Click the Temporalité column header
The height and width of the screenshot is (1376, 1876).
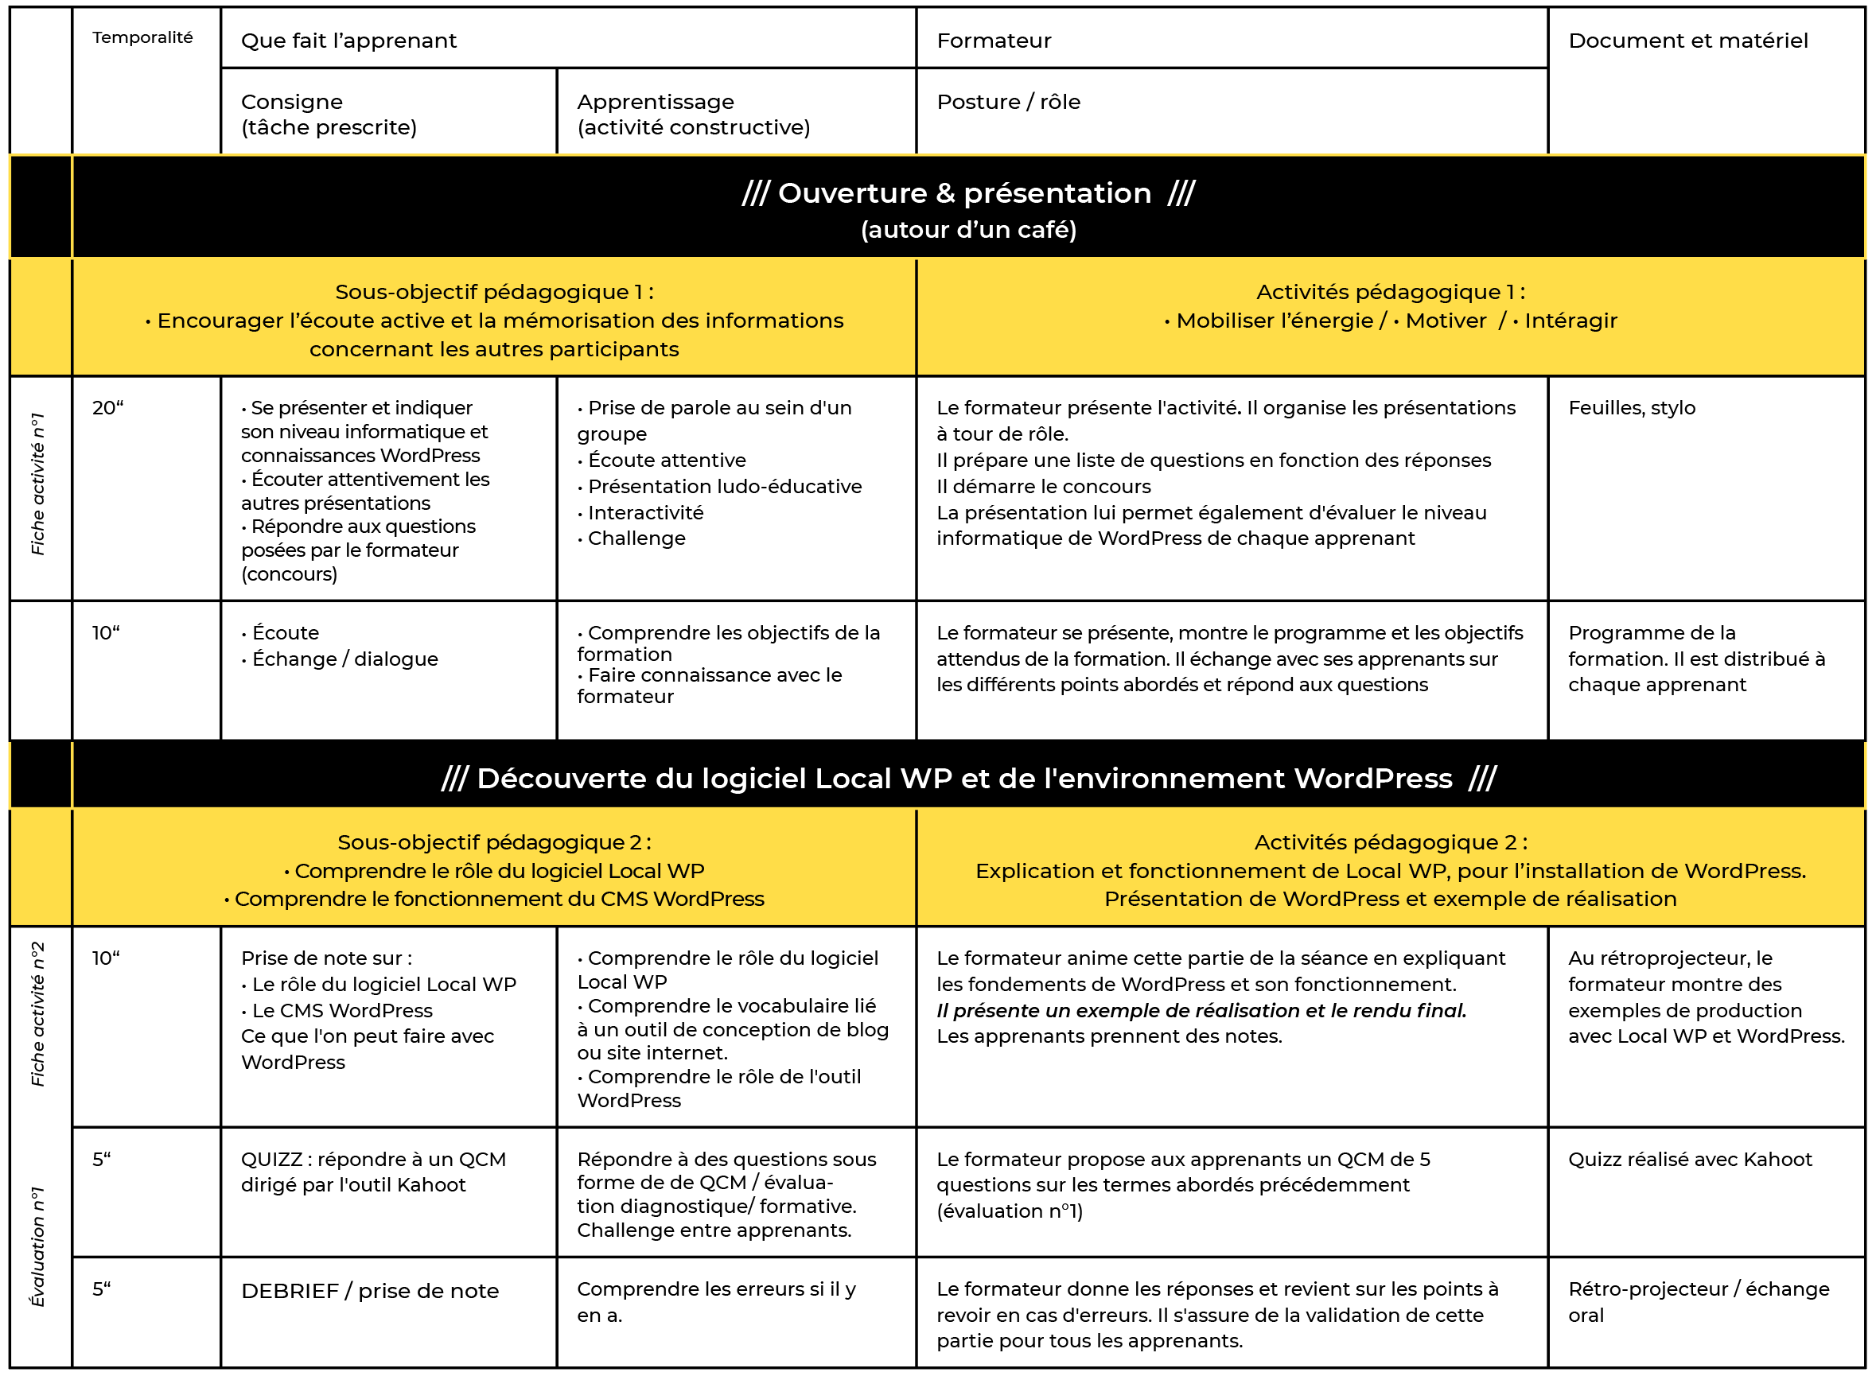pyautogui.click(x=142, y=37)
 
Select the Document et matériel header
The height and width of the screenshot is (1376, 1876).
pyautogui.click(x=1687, y=41)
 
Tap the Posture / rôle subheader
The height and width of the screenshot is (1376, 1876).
pyautogui.click(x=1008, y=102)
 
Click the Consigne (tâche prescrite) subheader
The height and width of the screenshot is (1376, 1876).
pyautogui.click(x=329, y=114)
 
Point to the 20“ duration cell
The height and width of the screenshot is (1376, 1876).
pyautogui.click(x=107, y=408)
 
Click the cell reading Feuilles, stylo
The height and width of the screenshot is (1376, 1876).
pyautogui.click(x=1631, y=408)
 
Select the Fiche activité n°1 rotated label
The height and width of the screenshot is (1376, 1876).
pyautogui.click(x=37, y=484)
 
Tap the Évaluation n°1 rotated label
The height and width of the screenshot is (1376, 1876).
pyautogui.click(x=37, y=1247)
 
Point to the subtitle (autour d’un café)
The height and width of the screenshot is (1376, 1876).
pyautogui.click(x=968, y=230)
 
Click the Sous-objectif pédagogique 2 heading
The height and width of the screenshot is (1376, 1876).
pyautogui.click(x=494, y=842)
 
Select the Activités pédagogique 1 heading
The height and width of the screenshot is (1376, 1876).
pyautogui.click(x=1391, y=293)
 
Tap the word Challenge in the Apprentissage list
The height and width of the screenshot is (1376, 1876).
pyautogui.click(x=636, y=539)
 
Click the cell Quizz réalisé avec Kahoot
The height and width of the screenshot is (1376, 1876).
pyautogui.click(x=1689, y=1160)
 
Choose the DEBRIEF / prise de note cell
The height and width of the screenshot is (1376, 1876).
pyautogui.click(x=370, y=1291)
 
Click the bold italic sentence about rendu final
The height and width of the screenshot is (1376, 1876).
pyautogui.click(x=1201, y=1011)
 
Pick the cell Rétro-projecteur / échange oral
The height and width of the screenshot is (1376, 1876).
pyautogui.click(x=1698, y=1302)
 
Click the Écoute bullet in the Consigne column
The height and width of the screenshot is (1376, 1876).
pyautogui.click(x=285, y=633)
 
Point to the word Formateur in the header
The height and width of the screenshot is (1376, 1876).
pyautogui.click(x=994, y=41)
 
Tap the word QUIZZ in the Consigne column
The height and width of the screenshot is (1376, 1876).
pyautogui.click(x=271, y=1160)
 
